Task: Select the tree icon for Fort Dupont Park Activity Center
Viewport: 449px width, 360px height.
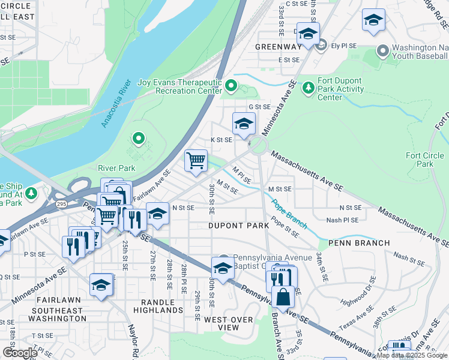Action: (309, 88)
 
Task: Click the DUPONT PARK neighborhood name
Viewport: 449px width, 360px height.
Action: (238, 226)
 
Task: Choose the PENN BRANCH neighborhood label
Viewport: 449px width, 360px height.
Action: (360, 243)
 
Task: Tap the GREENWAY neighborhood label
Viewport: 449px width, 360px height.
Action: (278, 46)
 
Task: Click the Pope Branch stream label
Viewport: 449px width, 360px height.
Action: (288, 214)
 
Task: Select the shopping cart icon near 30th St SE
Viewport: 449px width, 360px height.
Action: (196, 161)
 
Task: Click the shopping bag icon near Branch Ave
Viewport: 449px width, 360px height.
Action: (283, 296)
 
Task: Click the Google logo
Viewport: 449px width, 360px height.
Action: (19, 352)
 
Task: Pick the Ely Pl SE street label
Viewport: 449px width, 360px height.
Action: (343, 45)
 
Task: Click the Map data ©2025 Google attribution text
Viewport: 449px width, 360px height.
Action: (412, 355)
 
